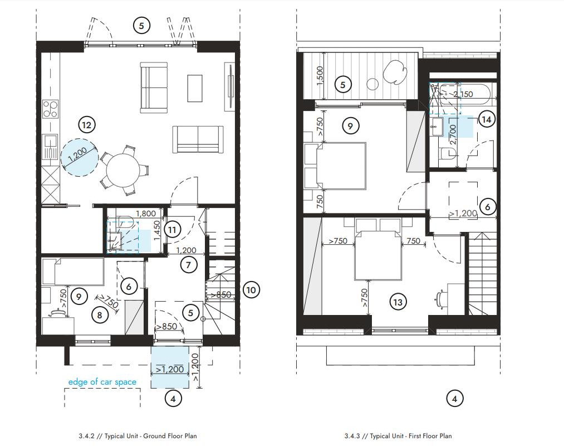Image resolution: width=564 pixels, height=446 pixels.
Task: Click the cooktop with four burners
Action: (x=51, y=108)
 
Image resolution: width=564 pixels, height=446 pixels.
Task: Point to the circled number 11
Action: (x=173, y=229)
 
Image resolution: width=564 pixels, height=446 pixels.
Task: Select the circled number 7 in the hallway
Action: (x=189, y=265)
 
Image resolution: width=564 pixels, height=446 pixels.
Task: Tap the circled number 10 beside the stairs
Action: (x=251, y=289)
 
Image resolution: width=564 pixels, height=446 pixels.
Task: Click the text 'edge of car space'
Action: (x=102, y=382)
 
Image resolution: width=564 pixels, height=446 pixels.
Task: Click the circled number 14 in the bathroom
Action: (x=487, y=119)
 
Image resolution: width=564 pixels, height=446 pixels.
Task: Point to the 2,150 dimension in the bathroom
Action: (x=463, y=94)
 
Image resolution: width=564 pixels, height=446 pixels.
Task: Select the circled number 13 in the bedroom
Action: (x=397, y=302)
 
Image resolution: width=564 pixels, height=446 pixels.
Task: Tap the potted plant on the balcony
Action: (x=394, y=70)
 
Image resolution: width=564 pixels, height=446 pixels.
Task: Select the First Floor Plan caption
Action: (x=398, y=436)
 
